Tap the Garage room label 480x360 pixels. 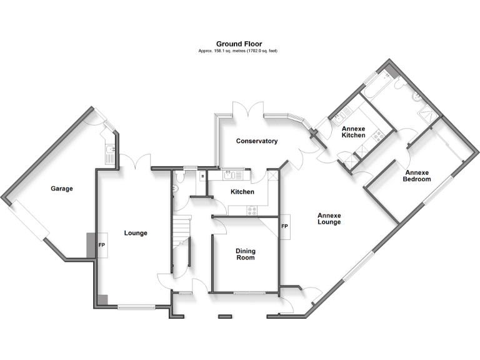click(x=62, y=189)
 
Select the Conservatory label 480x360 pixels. click(x=256, y=141)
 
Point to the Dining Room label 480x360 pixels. click(x=245, y=254)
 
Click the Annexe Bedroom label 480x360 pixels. click(x=417, y=176)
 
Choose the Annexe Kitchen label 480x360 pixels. click(x=353, y=132)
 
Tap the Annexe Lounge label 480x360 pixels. click(x=329, y=217)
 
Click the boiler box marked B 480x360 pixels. click(x=202, y=177)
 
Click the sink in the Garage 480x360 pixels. click(x=110, y=150)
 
